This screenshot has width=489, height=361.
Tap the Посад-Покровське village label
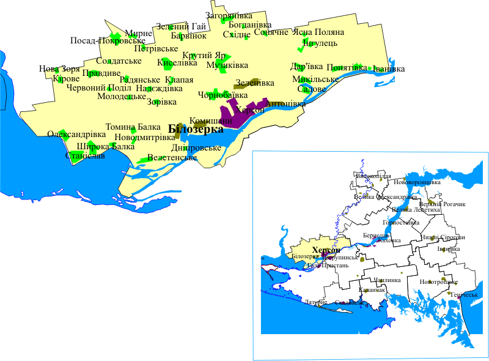107,41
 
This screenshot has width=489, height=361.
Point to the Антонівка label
285,104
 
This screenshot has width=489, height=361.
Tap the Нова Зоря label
59,69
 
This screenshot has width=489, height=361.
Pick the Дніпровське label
196,148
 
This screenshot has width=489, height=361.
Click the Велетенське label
172,158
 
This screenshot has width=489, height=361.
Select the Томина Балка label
133,127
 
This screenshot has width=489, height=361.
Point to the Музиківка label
227,65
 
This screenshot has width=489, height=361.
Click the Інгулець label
315,43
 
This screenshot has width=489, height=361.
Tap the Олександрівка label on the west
76,134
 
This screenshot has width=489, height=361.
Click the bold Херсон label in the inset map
325,250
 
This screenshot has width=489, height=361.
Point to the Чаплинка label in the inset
386,280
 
